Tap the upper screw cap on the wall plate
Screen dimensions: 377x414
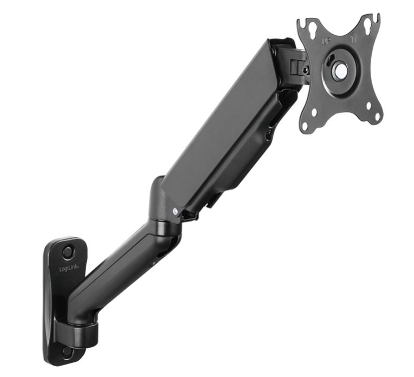(x=67, y=252)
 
